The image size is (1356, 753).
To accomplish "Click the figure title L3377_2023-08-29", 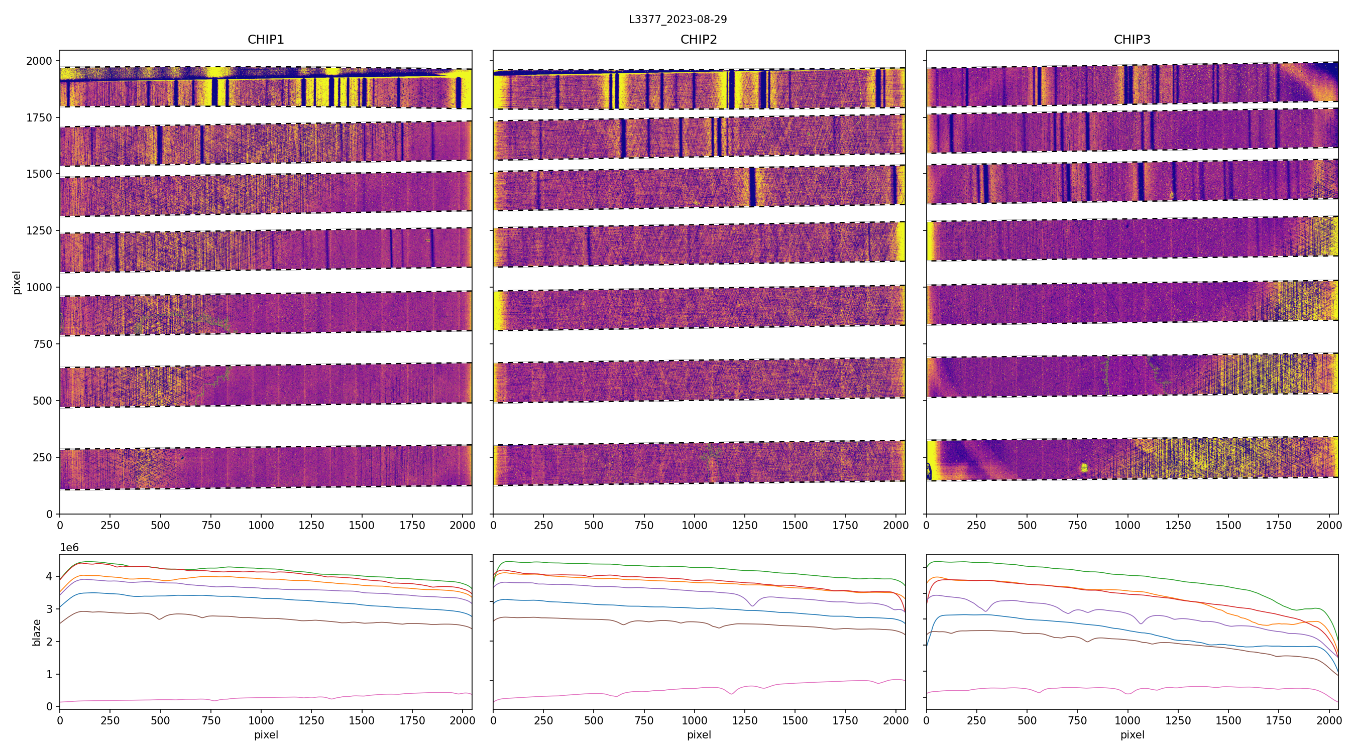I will coord(677,20).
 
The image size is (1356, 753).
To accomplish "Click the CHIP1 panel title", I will coord(266,40).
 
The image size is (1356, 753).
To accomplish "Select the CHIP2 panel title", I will coord(699,40).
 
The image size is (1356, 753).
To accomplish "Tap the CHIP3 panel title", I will coord(1132,40).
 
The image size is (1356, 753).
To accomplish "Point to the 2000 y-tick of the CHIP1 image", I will coord(40,61).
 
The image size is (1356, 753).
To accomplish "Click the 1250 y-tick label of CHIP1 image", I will coord(40,230).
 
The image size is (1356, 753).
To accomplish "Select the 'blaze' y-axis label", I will coord(37,632).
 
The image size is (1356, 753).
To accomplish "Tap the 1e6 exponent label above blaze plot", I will coord(69,548).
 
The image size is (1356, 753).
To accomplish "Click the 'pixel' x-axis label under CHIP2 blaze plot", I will coord(699,734).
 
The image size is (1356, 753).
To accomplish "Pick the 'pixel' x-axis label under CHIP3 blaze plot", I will coord(1132,734).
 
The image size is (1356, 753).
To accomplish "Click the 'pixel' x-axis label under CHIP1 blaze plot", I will coord(266,734).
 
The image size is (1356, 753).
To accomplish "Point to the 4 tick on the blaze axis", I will coord(50,577).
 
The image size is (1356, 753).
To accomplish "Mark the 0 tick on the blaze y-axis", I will coord(50,707).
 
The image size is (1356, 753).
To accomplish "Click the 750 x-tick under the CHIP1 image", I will coord(211,525).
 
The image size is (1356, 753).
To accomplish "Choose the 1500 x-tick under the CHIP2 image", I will coord(795,525).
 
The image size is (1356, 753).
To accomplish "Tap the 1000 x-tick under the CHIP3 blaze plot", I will coord(1127,720).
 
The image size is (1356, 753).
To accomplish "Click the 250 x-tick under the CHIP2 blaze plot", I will coord(543,720).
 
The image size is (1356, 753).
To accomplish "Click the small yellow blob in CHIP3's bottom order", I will coord(1084,467).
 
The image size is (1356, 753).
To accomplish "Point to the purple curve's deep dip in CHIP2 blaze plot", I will coord(752,605).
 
